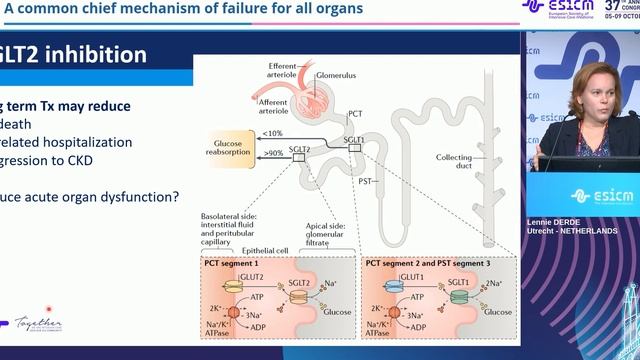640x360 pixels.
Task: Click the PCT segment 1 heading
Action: tap(233, 262)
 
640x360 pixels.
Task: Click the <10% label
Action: tap(271, 133)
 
